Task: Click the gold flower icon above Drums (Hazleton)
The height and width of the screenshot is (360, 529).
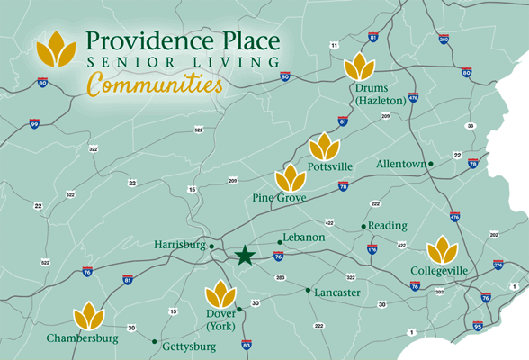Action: [x=361, y=67]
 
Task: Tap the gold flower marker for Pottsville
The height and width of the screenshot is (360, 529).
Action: [x=325, y=146]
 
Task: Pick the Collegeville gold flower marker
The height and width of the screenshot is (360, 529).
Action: [x=442, y=249]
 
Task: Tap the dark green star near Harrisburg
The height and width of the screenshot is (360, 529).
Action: [x=244, y=256]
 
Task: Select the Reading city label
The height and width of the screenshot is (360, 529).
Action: [x=388, y=225]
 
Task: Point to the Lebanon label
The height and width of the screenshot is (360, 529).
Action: [x=302, y=238]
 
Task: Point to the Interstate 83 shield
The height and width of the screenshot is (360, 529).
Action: [x=247, y=345]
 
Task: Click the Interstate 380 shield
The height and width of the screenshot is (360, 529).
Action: [x=444, y=40]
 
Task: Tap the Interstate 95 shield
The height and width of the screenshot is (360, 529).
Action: [x=478, y=326]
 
